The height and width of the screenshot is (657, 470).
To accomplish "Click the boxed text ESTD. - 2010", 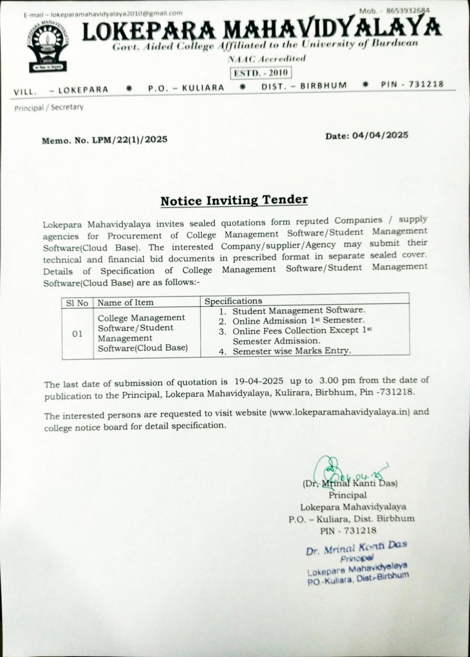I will [261, 73].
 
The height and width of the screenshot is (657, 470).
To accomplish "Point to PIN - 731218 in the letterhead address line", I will [412, 84].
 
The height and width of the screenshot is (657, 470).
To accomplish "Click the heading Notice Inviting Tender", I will [234, 200].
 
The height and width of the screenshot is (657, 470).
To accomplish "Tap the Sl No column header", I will [77, 303].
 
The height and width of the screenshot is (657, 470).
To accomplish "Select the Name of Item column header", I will [126, 303].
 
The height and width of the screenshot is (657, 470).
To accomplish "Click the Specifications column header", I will [233, 301].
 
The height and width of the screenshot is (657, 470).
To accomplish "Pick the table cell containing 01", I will [77, 334].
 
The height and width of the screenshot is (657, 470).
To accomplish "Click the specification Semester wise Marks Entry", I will [291, 351].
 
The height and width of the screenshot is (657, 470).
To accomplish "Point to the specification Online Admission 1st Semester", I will [298, 321].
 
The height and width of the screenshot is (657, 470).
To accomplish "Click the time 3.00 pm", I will [336, 381].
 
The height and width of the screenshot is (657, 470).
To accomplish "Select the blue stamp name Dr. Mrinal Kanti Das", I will [356, 547].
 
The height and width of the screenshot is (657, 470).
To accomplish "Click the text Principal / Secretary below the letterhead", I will [49, 108].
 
